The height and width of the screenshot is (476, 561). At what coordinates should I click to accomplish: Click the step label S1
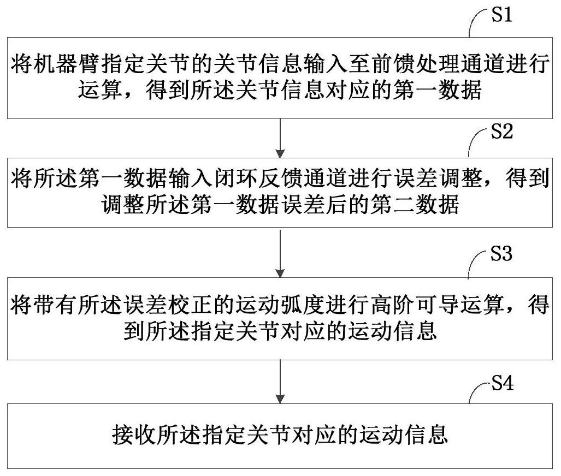click(x=502, y=15)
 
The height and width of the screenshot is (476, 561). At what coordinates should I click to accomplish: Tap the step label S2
click(x=502, y=131)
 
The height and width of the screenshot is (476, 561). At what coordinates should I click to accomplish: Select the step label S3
click(x=501, y=253)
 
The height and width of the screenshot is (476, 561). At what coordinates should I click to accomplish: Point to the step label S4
click(x=503, y=383)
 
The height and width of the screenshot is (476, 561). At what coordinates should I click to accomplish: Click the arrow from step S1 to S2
click(x=281, y=138)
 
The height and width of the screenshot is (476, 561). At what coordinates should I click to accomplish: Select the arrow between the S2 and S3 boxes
click(x=281, y=253)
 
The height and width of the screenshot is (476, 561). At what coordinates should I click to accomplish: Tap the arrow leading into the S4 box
click(x=281, y=382)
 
